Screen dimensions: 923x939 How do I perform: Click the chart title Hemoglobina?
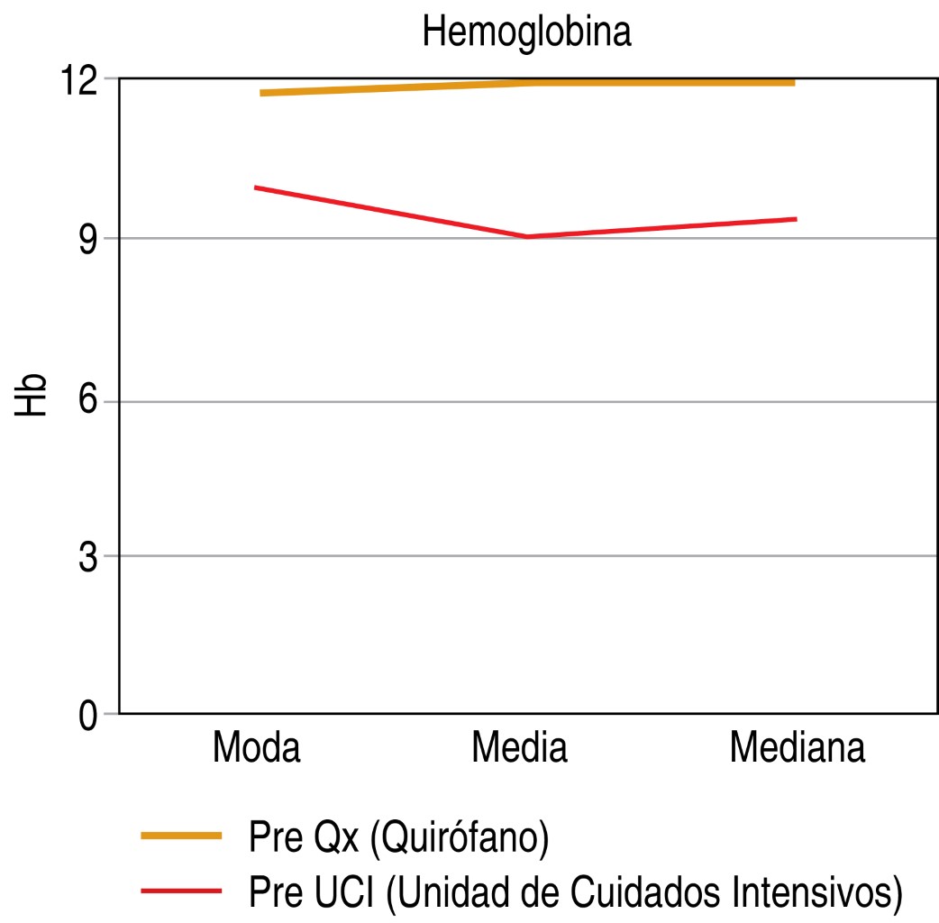(527, 33)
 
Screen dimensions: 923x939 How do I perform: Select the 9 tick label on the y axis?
(87, 240)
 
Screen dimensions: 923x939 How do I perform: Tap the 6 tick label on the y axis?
(87, 401)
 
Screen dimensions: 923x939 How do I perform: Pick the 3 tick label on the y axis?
(87, 557)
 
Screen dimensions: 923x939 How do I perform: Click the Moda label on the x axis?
(256, 749)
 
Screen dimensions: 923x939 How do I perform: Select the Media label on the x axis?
(520, 749)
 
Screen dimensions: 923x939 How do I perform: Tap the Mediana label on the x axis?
(798, 749)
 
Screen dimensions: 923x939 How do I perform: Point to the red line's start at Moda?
(256, 187)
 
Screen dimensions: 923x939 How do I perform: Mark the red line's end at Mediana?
(795, 219)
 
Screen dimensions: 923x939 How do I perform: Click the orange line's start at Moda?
(261, 93)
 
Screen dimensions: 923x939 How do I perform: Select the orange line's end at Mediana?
(793, 82)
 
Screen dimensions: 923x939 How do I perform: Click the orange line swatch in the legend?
(181, 836)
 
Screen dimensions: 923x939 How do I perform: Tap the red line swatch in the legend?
(181, 891)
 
